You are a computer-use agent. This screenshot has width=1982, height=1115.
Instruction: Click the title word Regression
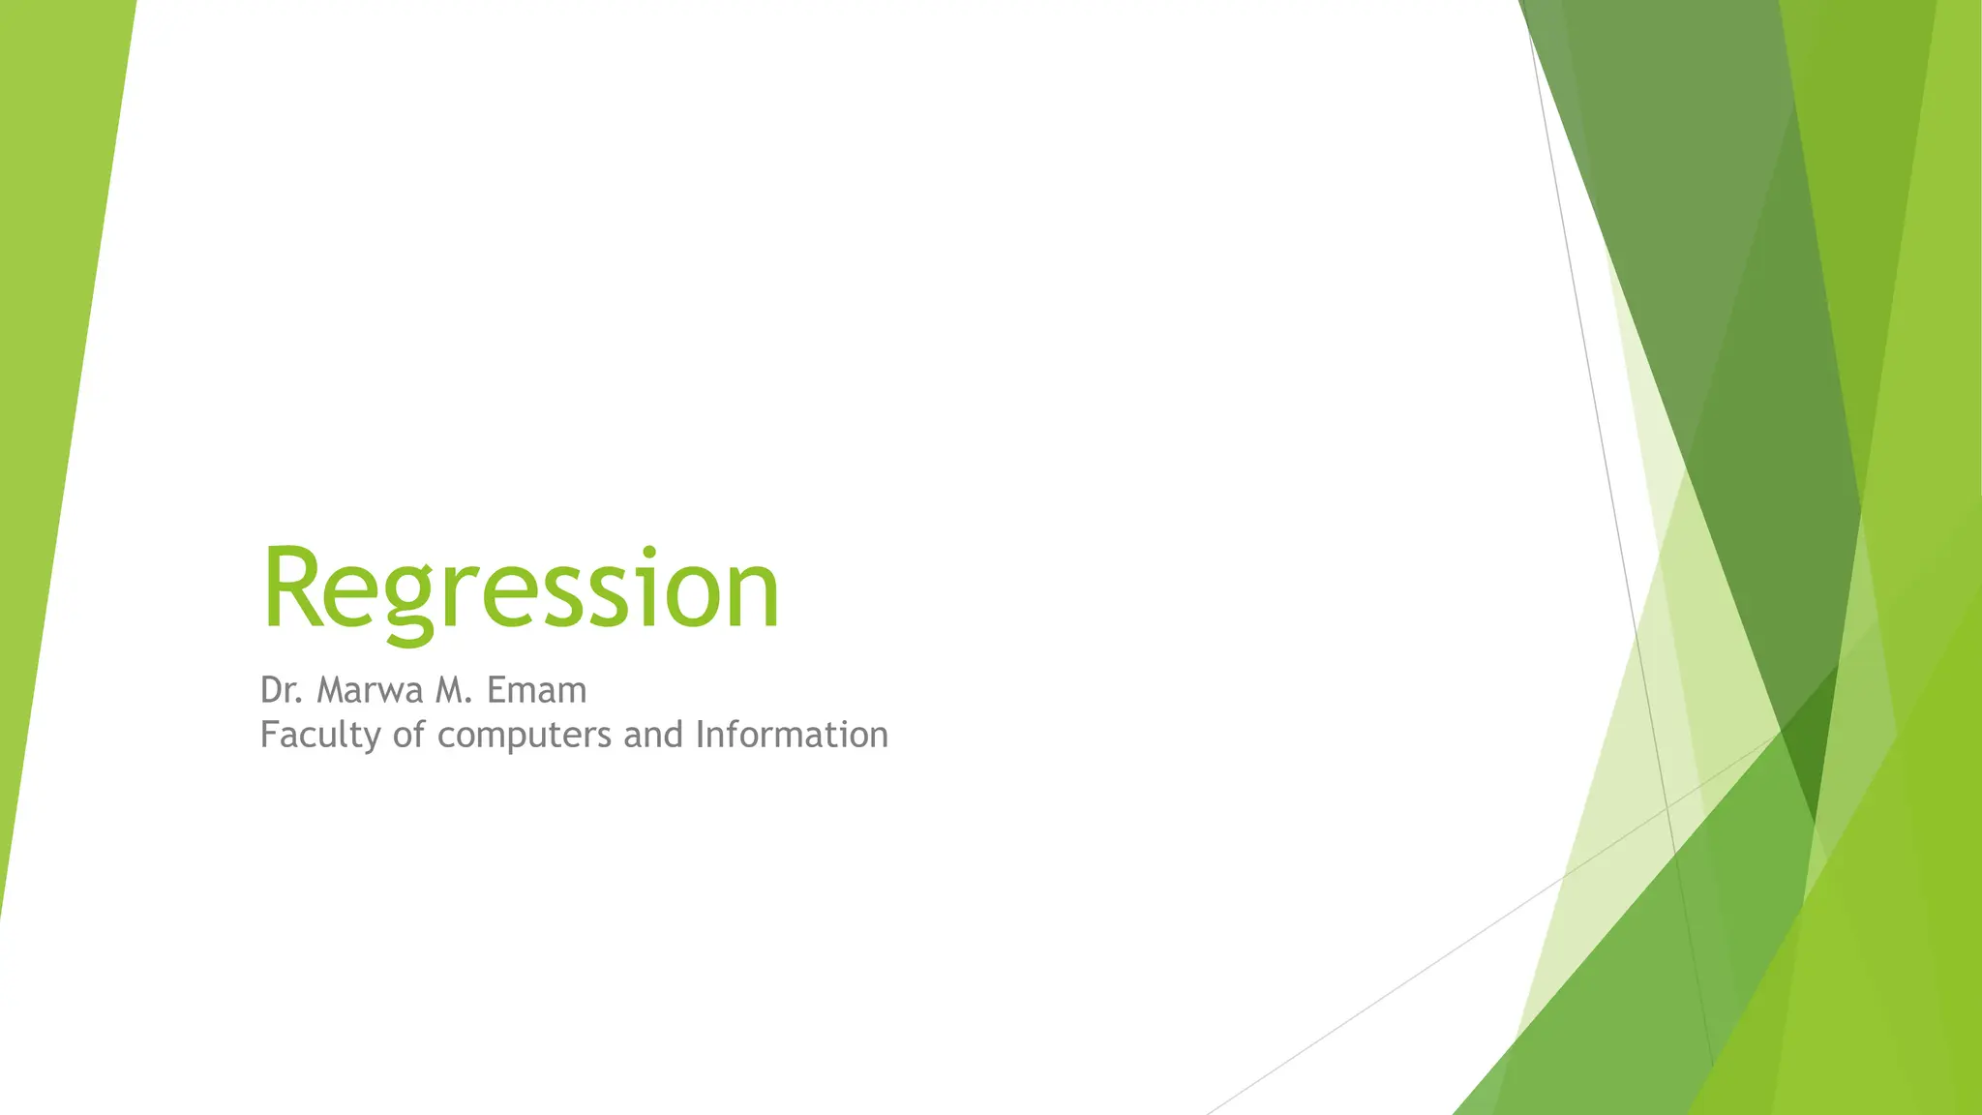(520, 589)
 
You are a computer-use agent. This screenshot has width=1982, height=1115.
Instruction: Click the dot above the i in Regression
(648, 552)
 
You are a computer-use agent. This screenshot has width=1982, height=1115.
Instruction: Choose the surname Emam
(536, 690)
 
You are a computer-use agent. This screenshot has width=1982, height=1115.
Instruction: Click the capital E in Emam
(495, 690)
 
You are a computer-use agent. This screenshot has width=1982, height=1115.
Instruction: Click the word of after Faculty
(408, 735)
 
